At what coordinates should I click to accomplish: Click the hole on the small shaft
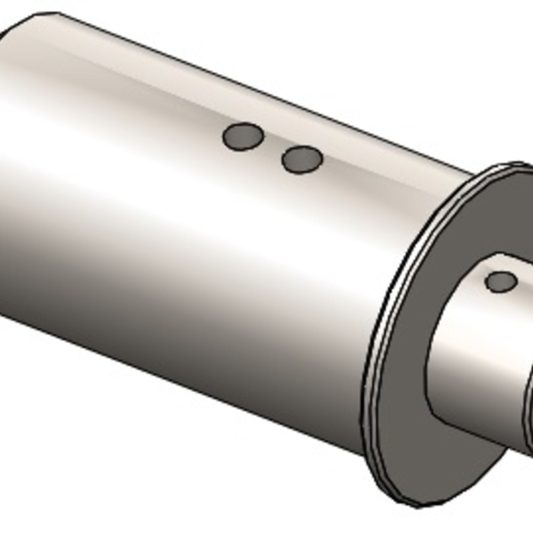[x=501, y=282]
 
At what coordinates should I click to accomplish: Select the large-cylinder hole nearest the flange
[x=302, y=160]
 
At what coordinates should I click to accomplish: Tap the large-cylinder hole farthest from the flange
[x=243, y=137]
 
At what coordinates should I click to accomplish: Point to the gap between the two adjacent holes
[x=273, y=148]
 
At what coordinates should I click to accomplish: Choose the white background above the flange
[x=457, y=76]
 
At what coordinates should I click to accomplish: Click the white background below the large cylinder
[x=152, y=472]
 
